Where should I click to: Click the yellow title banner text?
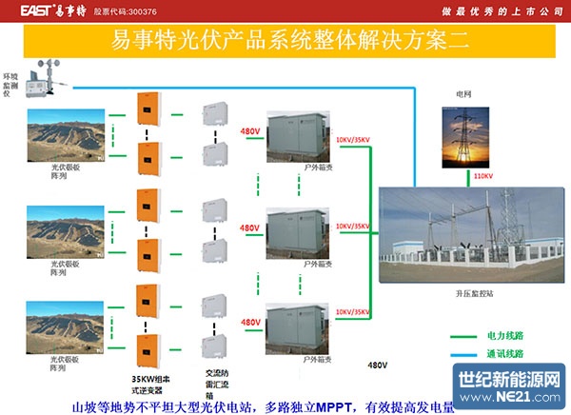tap(285, 42)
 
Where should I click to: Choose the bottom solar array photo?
tap(65, 324)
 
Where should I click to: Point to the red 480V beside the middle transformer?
tap(249, 228)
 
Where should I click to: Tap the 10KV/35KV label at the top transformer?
tap(352, 140)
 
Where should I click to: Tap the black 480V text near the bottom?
tap(378, 365)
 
